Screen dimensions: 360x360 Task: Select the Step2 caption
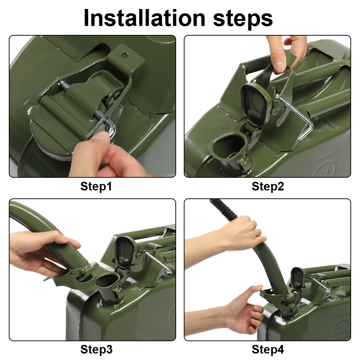pos(268,186)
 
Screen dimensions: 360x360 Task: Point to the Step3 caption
pos(96,349)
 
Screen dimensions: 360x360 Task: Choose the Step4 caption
pos(268,349)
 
